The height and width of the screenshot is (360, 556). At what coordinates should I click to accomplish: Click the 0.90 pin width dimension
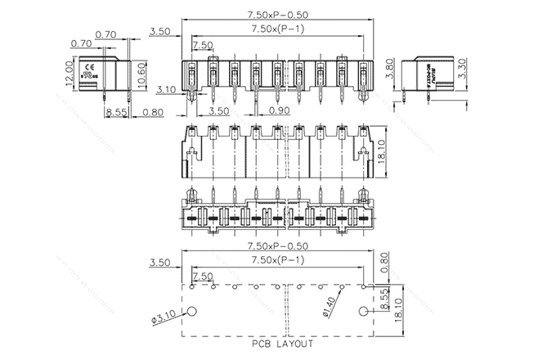tap(280, 110)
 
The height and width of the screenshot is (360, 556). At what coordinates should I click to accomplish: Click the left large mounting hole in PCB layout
tap(193, 311)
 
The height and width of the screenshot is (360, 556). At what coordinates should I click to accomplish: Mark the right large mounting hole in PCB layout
tap(364, 311)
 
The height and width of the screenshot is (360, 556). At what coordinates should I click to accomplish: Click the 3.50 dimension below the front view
tap(218, 110)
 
